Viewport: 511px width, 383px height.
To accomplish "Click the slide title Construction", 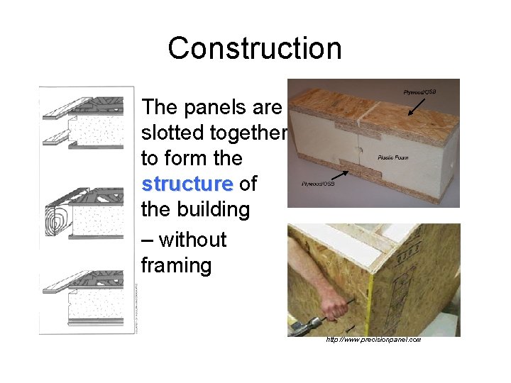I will click(x=255, y=48).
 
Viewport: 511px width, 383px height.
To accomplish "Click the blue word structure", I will click(x=187, y=184).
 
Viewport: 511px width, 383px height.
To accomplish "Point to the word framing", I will click(x=176, y=266).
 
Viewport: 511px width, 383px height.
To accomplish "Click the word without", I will click(x=192, y=240).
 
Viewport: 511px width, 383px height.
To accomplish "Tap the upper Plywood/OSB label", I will click(x=419, y=92).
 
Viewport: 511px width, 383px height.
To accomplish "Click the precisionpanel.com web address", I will click(x=373, y=340).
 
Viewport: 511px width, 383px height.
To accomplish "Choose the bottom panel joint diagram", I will click(x=84, y=299).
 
